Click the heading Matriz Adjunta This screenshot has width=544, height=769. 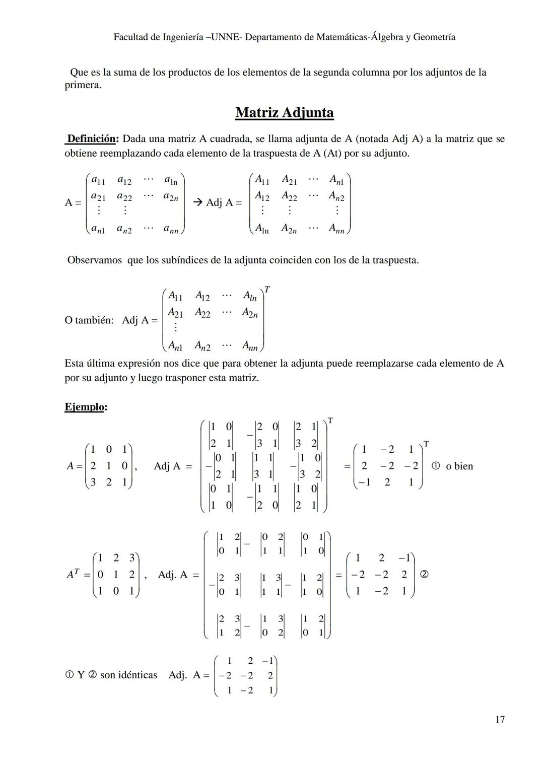click(284, 112)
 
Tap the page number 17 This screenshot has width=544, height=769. click(500, 719)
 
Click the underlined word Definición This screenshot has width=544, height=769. click(92, 138)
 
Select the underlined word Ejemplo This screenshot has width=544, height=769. click(85, 407)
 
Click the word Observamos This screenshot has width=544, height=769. click(95, 260)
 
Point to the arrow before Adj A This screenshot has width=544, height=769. click(198, 202)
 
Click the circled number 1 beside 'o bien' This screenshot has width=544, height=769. click(436, 466)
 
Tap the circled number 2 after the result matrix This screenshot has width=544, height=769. click(424, 574)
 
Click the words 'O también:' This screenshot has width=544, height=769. click(89, 320)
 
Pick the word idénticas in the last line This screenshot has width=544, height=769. click(138, 675)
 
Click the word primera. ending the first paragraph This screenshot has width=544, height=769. click(83, 85)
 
